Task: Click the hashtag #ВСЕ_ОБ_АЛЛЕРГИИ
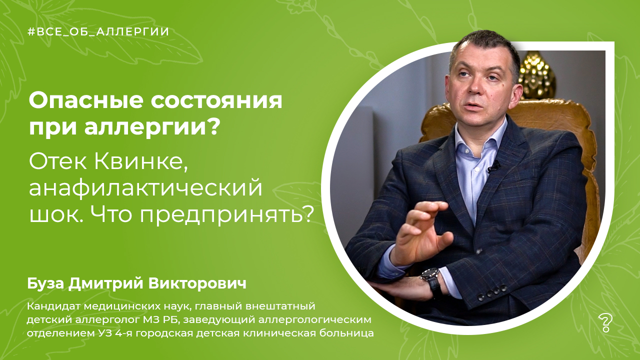point(98,31)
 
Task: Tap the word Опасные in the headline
point(86,101)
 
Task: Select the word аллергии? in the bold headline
point(152,128)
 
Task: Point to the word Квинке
point(141,162)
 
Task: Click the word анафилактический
point(145,188)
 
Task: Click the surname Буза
point(45,284)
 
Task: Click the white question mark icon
point(605,323)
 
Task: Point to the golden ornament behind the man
point(536,75)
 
